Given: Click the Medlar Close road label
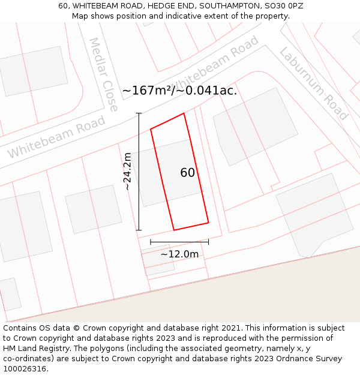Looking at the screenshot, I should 103,74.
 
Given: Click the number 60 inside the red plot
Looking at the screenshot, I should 187,173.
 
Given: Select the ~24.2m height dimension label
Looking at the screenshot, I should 127,172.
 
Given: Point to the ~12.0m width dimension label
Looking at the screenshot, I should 179,254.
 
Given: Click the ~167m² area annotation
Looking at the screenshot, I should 148,91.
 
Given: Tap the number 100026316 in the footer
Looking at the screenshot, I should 23,369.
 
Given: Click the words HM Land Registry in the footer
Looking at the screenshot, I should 33,349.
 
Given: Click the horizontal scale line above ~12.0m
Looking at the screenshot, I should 179,242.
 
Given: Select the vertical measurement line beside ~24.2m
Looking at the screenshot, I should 139,172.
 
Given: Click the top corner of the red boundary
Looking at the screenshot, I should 184,113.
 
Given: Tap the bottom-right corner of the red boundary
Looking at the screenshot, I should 208,223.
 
